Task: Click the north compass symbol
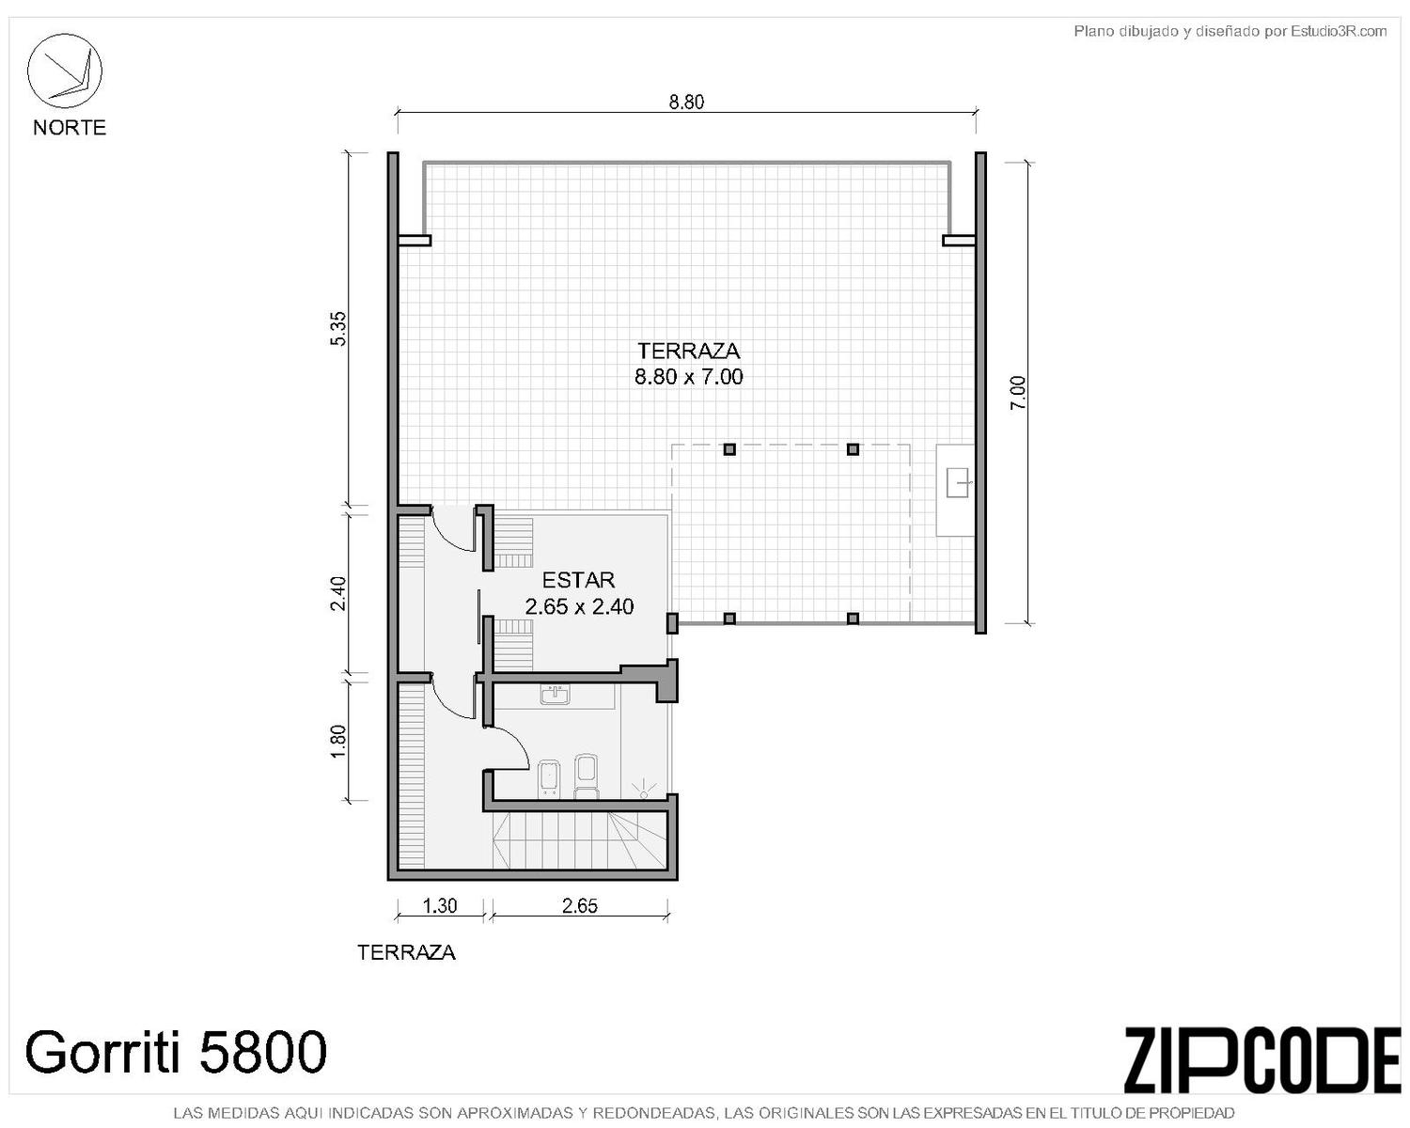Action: click(x=64, y=70)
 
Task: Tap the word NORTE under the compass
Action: click(x=70, y=128)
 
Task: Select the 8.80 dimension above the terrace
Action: click(x=686, y=102)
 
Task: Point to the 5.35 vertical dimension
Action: click(x=338, y=328)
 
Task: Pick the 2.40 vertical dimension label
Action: click(x=338, y=593)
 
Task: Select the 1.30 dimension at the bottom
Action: click(x=440, y=906)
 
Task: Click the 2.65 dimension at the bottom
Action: click(x=580, y=906)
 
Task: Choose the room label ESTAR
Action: click(x=578, y=580)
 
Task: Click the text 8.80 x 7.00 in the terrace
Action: click(x=689, y=377)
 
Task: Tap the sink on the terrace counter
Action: click(x=959, y=481)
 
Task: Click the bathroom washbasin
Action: click(x=555, y=694)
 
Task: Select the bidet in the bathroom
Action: click(x=548, y=779)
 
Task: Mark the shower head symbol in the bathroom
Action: click(x=643, y=789)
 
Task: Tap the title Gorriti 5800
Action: click(x=176, y=1051)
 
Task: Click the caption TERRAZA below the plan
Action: click(x=406, y=952)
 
